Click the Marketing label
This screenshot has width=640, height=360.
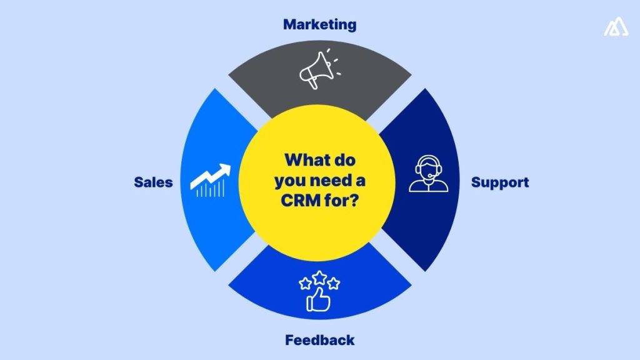tap(319, 25)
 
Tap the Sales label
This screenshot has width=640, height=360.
tap(153, 182)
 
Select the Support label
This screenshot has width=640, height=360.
tap(499, 182)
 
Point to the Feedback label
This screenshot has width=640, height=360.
tap(319, 341)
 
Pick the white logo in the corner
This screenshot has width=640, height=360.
tap(616, 27)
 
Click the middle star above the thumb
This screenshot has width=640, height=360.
tap(319, 276)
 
